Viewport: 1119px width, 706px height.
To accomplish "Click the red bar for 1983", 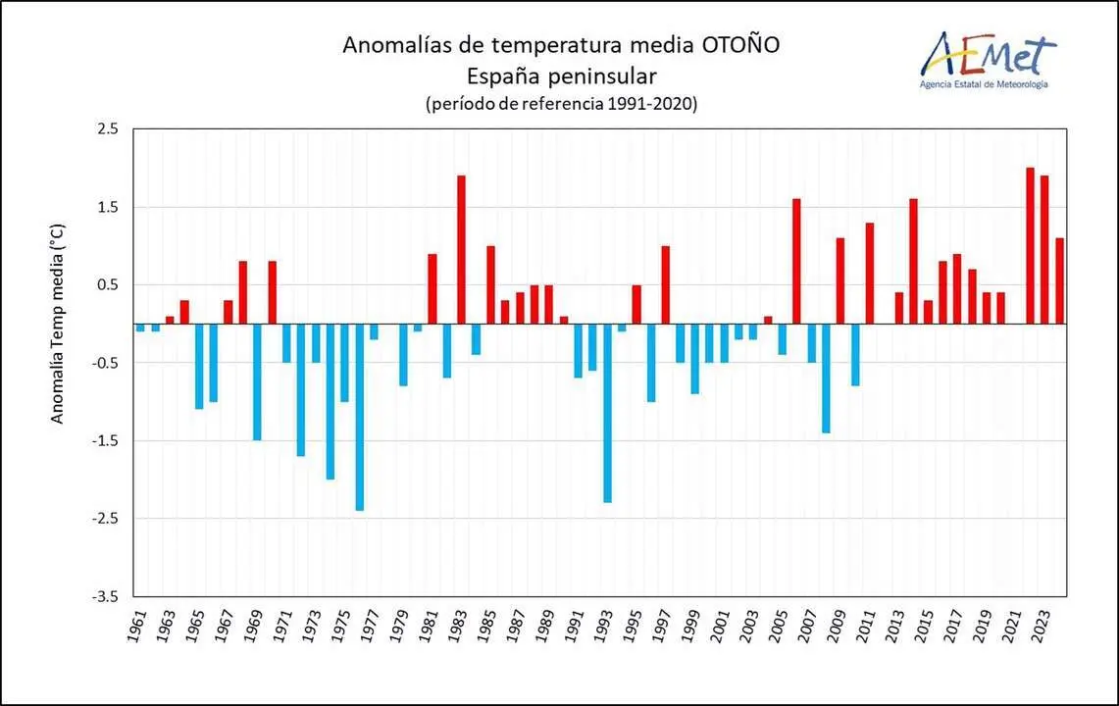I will pyautogui.click(x=461, y=250).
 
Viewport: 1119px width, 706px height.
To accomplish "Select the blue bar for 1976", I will pyautogui.click(x=359, y=417).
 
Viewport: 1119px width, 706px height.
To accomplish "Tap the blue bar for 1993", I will pyautogui.click(x=607, y=413).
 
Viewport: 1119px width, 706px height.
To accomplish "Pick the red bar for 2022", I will pyautogui.click(x=1030, y=246).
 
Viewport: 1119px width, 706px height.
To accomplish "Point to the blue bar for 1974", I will pyautogui.click(x=331, y=401).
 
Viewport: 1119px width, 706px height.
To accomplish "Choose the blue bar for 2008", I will pyautogui.click(x=826, y=378).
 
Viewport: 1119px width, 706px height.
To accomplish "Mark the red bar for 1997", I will pyautogui.click(x=665, y=284).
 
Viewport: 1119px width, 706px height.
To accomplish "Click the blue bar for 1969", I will pyautogui.click(x=257, y=381).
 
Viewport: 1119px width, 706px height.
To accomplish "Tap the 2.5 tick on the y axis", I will pyautogui.click(x=107, y=129).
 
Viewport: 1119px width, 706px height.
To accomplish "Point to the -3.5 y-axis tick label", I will pyautogui.click(x=105, y=596).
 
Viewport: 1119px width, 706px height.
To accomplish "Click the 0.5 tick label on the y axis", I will pyautogui.click(x=107, y=285).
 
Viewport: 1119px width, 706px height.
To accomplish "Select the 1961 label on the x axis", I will pyautogui.click(x=137, y=626).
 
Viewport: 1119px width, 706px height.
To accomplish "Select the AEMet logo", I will pyautogui.click(x=985, y=59).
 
